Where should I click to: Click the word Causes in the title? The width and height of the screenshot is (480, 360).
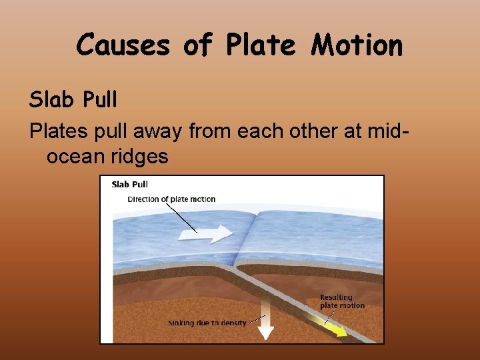point(124,45)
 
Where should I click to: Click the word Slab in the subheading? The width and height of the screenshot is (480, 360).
point(52,99)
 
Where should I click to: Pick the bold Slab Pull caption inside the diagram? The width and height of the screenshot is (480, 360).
point(130,185)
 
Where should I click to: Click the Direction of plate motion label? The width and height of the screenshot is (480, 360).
point(171,199)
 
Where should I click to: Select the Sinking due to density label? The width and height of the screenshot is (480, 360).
point(207,323)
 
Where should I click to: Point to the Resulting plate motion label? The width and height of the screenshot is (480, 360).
point(342,301)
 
